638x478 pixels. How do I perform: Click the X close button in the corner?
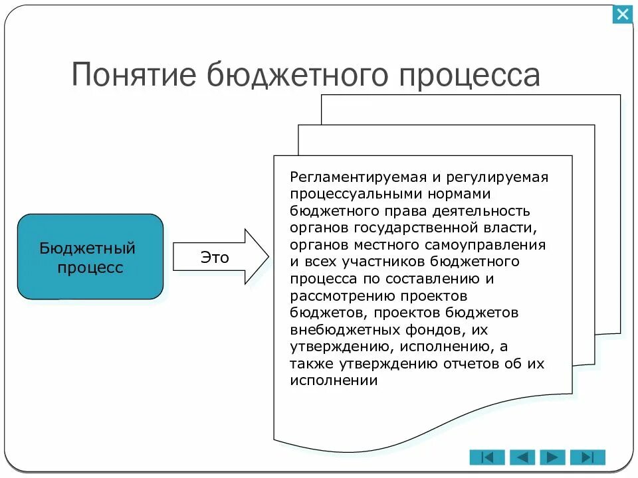623,14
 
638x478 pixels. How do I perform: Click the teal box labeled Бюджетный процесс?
90,257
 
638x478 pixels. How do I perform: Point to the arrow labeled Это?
219,258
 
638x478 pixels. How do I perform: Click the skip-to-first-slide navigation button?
487,457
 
